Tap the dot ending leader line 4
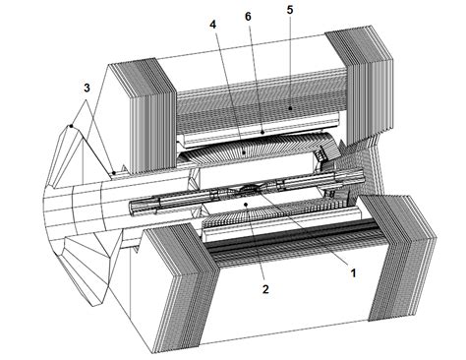point(243,152)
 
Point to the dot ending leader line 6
point(263,129)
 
